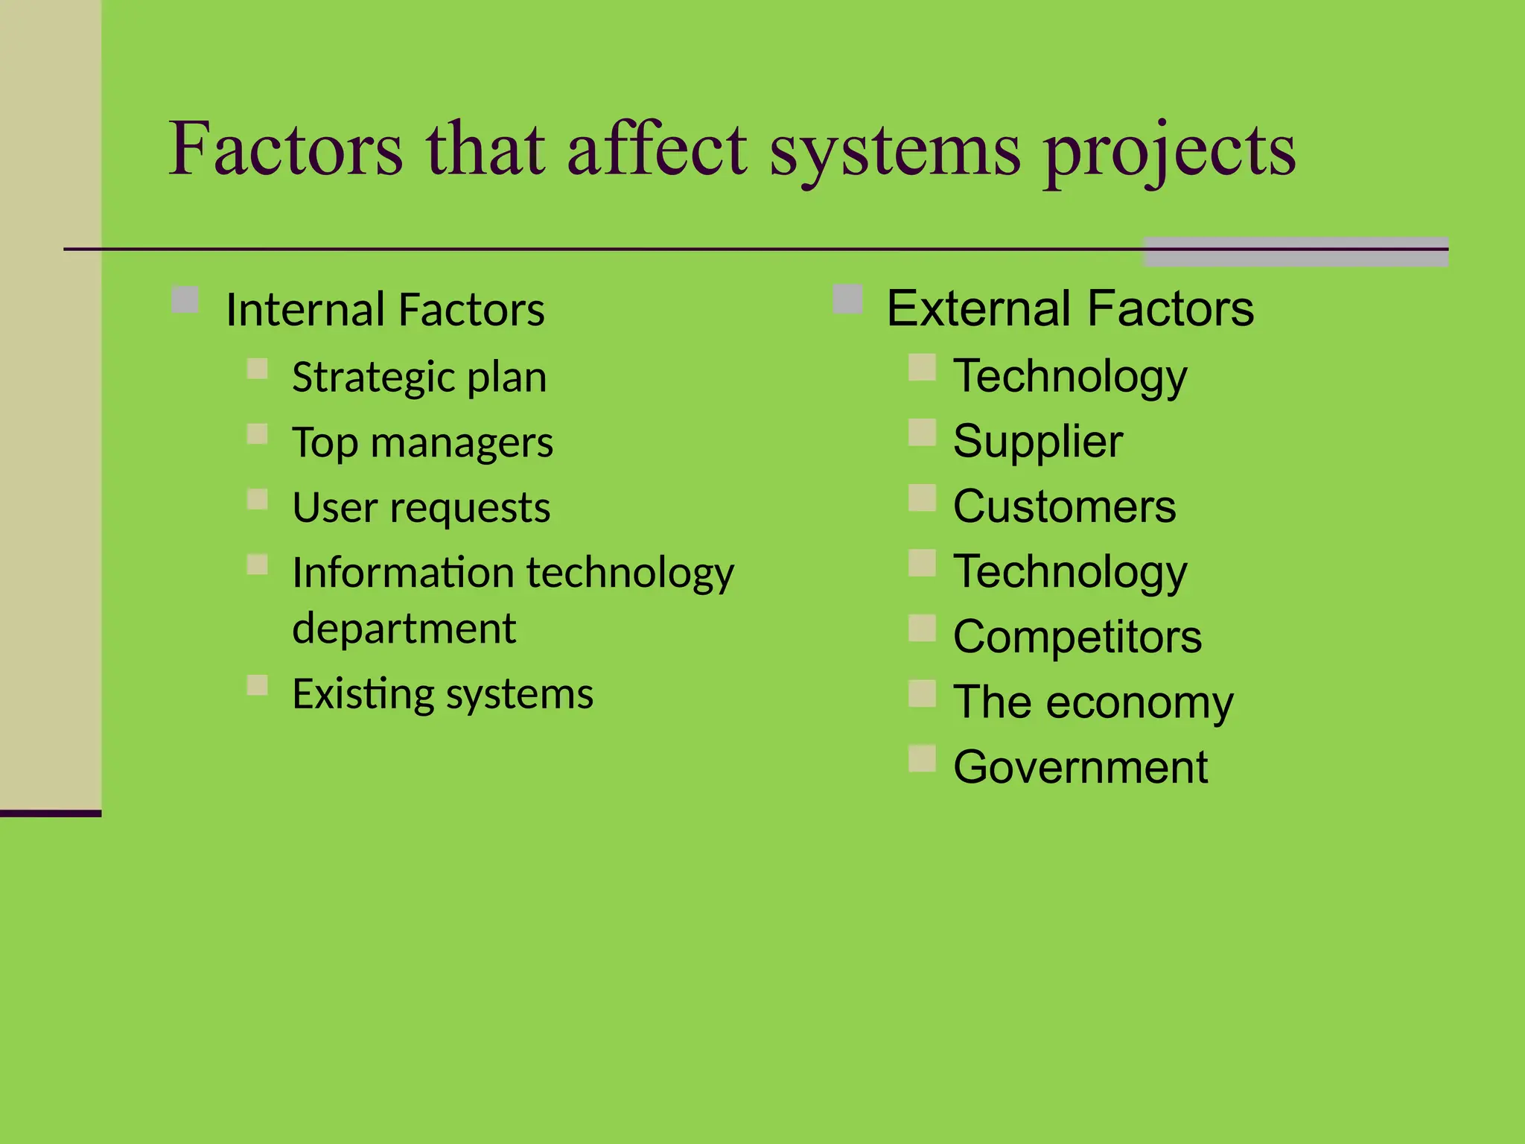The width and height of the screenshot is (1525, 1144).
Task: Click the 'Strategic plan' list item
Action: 418,378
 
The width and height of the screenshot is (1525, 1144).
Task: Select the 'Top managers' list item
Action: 421,443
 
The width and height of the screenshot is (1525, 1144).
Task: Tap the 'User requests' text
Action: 421,508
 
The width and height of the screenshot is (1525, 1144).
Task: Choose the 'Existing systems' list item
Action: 442,694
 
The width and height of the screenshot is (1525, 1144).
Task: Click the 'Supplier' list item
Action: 1037,442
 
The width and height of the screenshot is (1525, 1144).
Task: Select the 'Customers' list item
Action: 1064,507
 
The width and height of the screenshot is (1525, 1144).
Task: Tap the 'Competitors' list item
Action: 1077,637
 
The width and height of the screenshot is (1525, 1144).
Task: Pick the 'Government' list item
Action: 1080,767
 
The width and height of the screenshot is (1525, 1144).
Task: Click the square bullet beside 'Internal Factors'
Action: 185,300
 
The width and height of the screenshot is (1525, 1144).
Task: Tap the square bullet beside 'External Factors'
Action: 847,299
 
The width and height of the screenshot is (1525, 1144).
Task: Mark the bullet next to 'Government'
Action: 922,758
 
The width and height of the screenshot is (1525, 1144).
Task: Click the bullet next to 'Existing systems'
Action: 258,685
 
